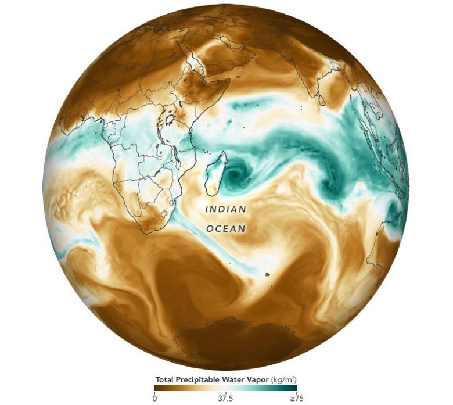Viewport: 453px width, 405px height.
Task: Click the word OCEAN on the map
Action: [226, 229]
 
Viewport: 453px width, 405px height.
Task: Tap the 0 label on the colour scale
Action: [154, 398]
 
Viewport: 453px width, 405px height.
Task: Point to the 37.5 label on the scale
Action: [225, 398]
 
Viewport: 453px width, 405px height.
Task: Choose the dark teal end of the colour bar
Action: [293, 388]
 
